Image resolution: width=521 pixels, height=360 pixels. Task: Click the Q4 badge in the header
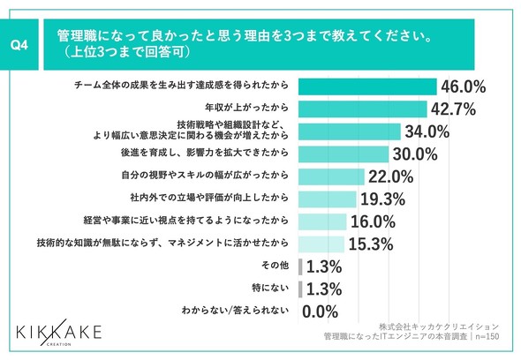coord(19,44)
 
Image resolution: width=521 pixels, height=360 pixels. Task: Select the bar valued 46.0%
coord(367,86)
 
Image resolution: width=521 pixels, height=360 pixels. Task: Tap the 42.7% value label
coord(453,109)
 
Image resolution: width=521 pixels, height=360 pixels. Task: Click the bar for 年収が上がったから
coord(363,109)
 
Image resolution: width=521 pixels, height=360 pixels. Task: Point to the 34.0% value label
coord(427,131)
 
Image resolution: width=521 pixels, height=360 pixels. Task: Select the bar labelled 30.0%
coord(344,154)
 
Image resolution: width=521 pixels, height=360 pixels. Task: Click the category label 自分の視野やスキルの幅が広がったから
coord(205,175)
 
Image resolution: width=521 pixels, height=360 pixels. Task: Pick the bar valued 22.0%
coord(331,176)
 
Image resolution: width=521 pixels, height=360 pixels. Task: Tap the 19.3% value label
coord(382,199)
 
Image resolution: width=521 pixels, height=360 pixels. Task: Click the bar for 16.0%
coord(322,221)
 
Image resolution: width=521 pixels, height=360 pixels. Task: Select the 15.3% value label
coord(371,244)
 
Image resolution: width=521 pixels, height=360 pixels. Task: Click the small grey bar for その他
coord(300,266)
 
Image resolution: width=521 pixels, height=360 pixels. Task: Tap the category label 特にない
coord(270,288)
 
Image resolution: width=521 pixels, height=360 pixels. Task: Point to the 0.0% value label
coord(320,311)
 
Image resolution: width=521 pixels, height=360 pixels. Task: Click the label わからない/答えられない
coord(235,311)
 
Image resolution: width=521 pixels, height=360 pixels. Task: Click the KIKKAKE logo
coord(59,333)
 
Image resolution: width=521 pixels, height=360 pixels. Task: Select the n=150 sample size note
coord(487,336)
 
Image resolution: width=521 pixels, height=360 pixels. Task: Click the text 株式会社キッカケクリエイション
coord(439,326)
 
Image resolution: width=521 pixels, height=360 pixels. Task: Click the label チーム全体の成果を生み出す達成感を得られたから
coord(181,86)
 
